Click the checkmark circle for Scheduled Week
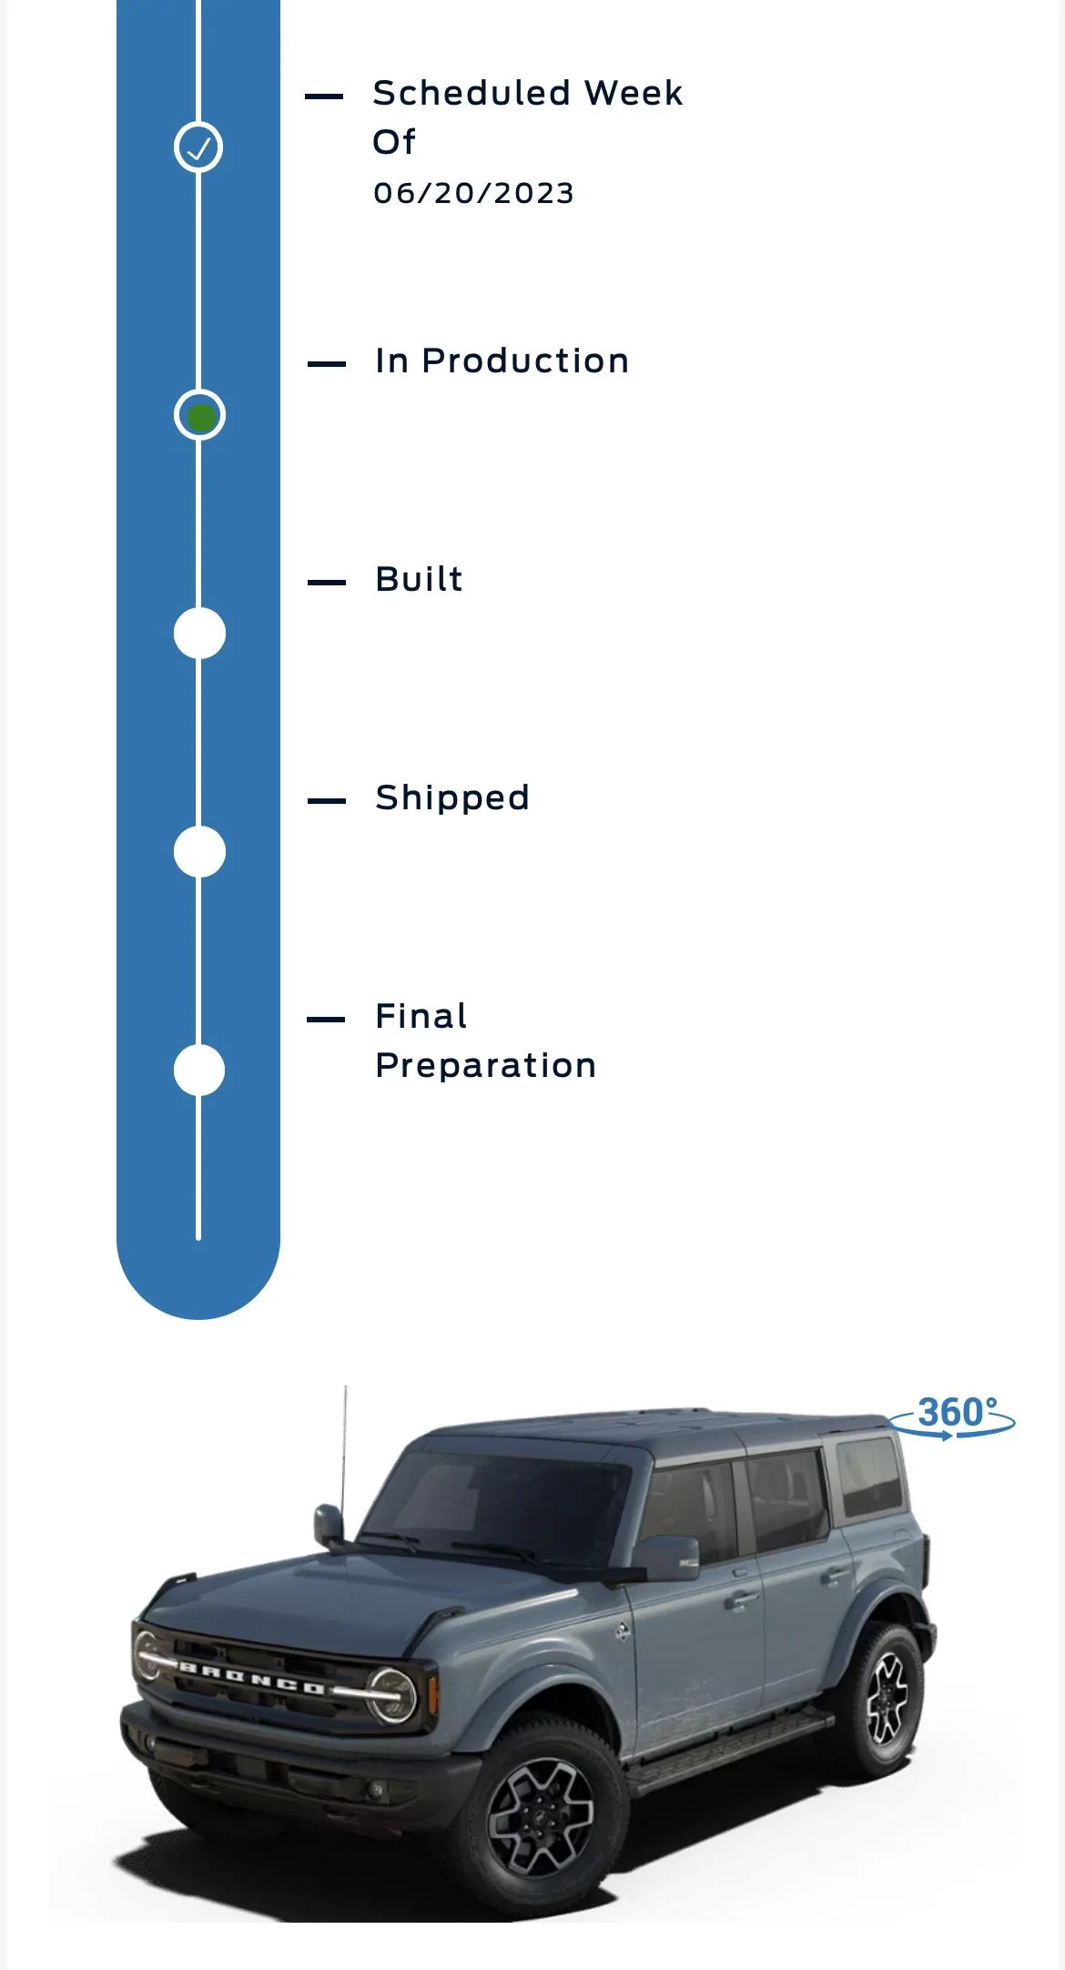[x=198, y=147]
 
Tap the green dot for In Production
[x=200, y=416]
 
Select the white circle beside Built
[x=199, y=633]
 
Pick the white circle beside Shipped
[x=199, y=851]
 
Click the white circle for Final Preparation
[x=199, y=1070]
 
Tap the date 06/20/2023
[x=473, y=193]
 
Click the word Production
[x=525, y=360]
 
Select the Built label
[x=419, y=579]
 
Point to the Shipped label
[x=452, y=798]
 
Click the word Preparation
[x=486, y=1066]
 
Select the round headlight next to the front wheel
[x=392, y=1695]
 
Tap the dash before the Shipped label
[x=327, y=801]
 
